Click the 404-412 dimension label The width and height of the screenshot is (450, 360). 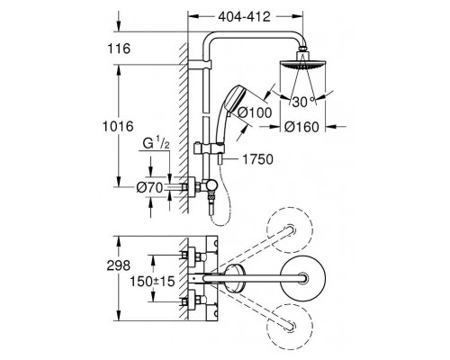click(x=244, y=17)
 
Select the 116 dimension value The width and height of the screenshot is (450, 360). click(x=119, y=49)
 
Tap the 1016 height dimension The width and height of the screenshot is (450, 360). click(x=118, y=126)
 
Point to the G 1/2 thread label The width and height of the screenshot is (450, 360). click(x=156, y=144)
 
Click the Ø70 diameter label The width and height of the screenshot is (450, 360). click(x=149, y=188)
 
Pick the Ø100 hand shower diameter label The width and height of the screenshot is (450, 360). click(x=255, y=112)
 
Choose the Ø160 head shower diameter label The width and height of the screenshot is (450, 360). click(x=301, y=127)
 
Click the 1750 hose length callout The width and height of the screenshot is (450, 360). click(x=257, y=159)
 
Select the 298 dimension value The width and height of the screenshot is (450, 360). click(x=119, y=265)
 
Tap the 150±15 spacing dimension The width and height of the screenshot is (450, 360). click(x=152, y=281)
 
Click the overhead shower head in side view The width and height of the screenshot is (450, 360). click(x=302, y=59)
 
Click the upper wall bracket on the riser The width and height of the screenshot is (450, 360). click(x=200, y=65)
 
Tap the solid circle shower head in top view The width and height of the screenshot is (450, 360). click(x=302, y=278)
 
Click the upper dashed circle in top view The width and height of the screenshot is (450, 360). click(x=290, y=229)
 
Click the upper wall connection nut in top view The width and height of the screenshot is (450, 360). click(x=193, y=256)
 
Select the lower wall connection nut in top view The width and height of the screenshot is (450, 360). click(x=193, y=301)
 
